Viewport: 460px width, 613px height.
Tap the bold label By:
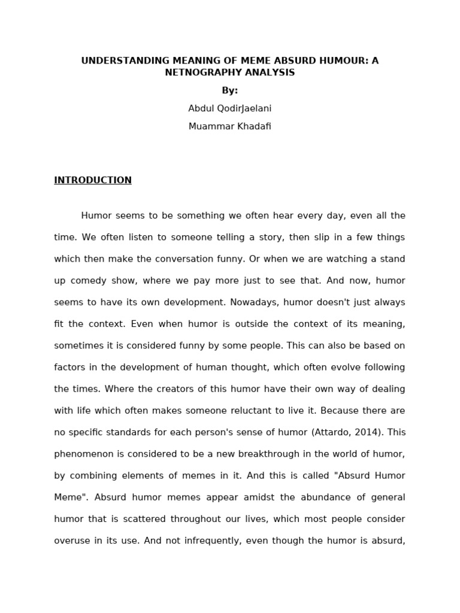(x=229, y=90)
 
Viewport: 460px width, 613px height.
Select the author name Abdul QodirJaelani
(x=229, y=108)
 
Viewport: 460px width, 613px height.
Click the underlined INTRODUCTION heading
(x=93, y=180)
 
